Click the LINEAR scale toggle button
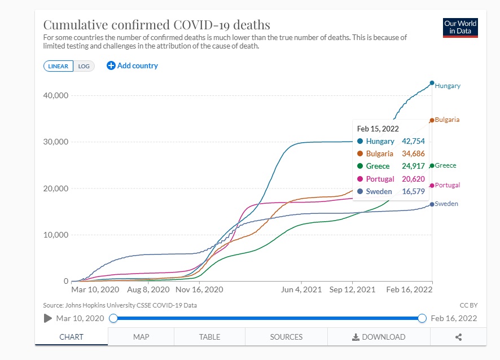[58, 66]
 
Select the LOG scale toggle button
[84, 66]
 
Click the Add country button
[133, 65]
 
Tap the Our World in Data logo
[460, 27]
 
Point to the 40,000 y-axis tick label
[56, 95]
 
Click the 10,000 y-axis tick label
[56, 235]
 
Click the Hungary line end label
[448, 86]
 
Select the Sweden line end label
[446, 204]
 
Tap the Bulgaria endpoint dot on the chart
[432, 120]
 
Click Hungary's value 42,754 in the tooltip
[413, 141]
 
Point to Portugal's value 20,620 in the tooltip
[413, 179]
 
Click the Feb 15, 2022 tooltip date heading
[378, 129]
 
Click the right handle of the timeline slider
[422, 318]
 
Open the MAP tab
[141, 337]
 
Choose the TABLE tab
[209, 337]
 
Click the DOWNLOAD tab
[378, 337]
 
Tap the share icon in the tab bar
[458, 337]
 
